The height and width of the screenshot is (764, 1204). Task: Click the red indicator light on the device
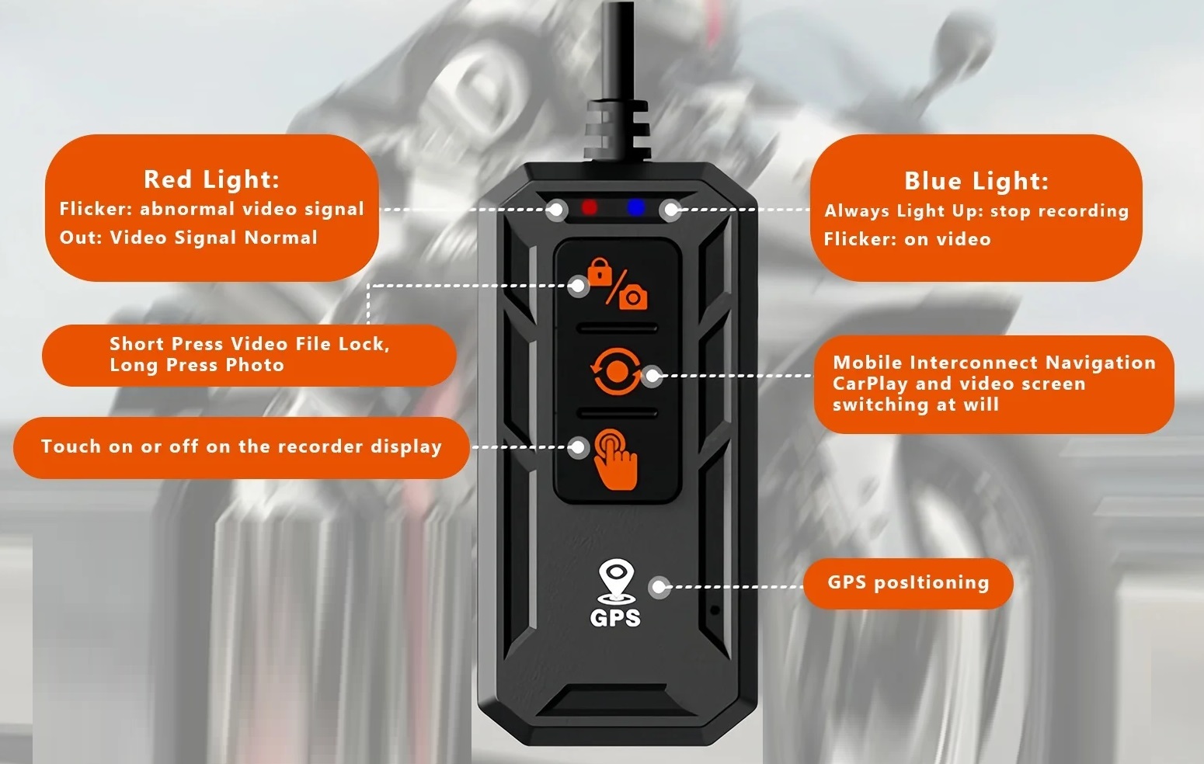[589, 207]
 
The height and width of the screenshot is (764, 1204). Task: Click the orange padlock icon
[600, 271]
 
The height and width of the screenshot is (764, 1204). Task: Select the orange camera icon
[633, 297]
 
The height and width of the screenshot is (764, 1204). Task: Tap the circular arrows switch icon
[616, 370]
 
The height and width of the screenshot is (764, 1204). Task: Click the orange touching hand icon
[616, 459]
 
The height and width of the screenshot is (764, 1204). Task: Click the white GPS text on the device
[615, 618]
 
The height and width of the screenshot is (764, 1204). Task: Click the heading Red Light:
[212, 179]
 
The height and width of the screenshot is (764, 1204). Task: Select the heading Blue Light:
[976, 181]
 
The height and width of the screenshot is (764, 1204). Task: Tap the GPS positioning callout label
[908, 583]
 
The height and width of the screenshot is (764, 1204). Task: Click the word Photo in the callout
[255, 366]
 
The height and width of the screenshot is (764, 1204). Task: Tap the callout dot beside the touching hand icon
[578, 447]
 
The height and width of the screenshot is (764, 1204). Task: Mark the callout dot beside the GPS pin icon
[659, 587]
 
